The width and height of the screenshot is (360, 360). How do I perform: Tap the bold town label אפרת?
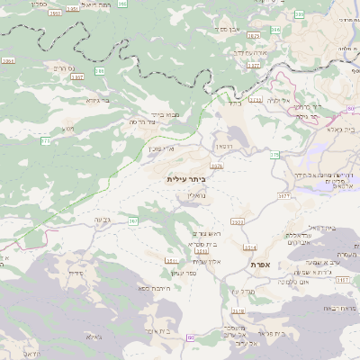(x=273, y=264)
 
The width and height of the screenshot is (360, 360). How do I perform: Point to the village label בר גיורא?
(x=98, y=100)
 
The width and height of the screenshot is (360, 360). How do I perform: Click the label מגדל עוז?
(x=244, y=290)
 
